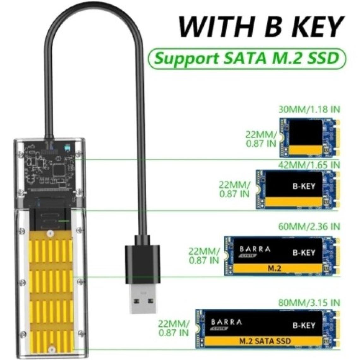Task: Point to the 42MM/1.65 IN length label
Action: pos(309,165)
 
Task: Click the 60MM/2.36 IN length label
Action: pos(309,226)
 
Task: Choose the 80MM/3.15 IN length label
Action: pos(309,303)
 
